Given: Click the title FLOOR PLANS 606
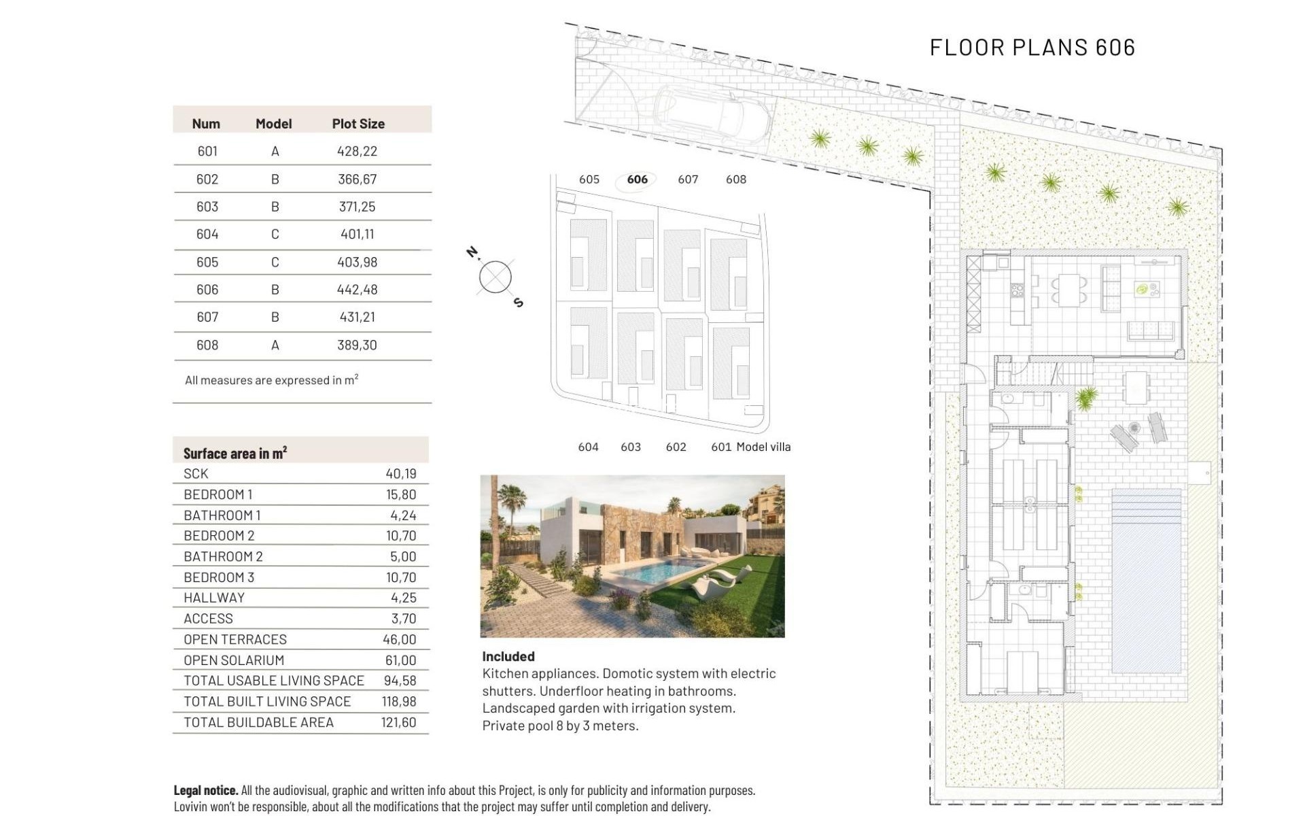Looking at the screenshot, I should pyautogui.click(x=1032, y=47).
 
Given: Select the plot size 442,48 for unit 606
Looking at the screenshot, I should pyautogui.click(x=357, y=289).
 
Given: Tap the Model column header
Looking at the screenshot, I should pyautogui.click(x=273, y=124).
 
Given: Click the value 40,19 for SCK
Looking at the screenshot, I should pyautogui.click(x=400, y=473).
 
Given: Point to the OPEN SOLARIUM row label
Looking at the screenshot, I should pyautogui.click(x=234, y=660).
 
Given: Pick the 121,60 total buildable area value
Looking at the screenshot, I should pyautogui.click(x=398, y=722).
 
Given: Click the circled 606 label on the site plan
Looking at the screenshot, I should pyautogui.click(x=637, y=180).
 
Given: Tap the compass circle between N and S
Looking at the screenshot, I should pyautogui.click(x=495, y=277).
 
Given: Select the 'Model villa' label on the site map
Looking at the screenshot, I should pyautogui.click(x=763, y=447).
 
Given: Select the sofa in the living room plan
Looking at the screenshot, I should pyautogui.click(x=1151, y=330).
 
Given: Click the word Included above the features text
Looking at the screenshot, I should pyautogui.click(x=508, y=656).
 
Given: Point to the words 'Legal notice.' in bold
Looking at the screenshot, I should pyautogui.click(x=205, y=790).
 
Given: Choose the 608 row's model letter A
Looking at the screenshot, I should pyautogui.click(x=275, y=345).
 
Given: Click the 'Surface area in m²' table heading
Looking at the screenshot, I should pyautogui.click(x=234, y=453).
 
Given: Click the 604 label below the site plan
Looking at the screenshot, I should pyautogui.click(x=588, y=447).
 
